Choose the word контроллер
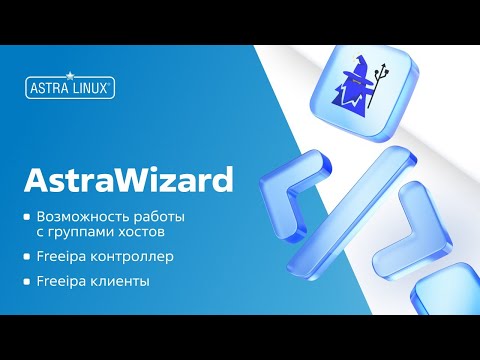(130, 257)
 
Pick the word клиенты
(118, 282)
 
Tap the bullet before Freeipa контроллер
(28, 258)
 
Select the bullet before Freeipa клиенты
(28, 283)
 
